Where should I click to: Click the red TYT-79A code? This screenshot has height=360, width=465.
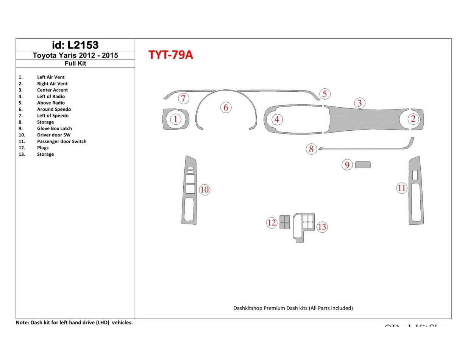[170, 55]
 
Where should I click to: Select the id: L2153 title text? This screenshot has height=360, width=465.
[75, 45]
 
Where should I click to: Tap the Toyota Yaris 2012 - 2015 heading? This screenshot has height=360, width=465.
[75, 55]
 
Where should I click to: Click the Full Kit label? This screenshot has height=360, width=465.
[75, 64]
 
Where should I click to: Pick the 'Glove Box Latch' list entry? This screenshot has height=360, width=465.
[54, 128]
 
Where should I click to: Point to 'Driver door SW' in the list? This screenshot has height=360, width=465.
[53, 135]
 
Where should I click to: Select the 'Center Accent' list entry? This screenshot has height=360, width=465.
[52, 90]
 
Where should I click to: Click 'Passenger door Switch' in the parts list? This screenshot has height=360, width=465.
[61, 141]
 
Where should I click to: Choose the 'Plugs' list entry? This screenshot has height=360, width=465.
[43, 148]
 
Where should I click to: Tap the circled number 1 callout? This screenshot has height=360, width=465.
[175, 119]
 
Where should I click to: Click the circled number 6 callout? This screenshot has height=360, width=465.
[226, 108]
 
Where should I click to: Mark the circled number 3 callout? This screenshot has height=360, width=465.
[359, 103]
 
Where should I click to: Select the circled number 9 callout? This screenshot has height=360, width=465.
[347, 165]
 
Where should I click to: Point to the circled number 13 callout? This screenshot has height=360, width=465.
[322, 227]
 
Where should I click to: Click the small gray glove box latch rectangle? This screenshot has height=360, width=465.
[363, 165]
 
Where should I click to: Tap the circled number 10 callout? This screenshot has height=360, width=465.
[204, 190]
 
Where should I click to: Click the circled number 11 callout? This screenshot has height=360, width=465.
[401, 188]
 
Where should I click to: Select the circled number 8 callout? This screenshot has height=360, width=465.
[311, 149]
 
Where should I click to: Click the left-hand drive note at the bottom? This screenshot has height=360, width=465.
[74, 323]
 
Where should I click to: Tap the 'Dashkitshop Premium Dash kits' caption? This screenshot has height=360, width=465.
[293, 308]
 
